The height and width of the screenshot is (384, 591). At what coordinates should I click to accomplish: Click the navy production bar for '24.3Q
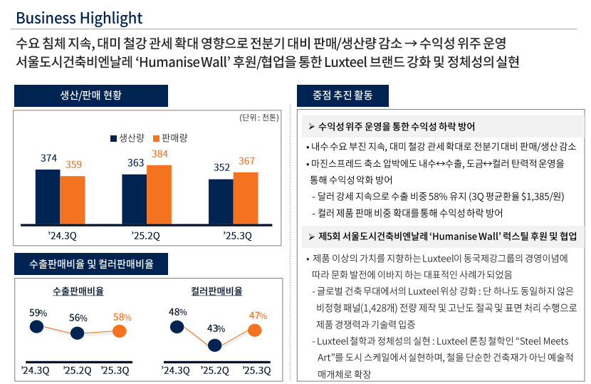click(48, 196)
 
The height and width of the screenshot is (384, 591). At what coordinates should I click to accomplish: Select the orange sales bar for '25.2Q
click(159, 194)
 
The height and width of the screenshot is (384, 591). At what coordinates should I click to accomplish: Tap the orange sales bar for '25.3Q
click(246, 197)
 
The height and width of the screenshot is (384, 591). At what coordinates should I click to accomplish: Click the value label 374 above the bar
click(48, 158)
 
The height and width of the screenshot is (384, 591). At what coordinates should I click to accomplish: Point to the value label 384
click(159, 154)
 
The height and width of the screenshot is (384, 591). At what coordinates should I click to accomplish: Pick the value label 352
click(221, 167)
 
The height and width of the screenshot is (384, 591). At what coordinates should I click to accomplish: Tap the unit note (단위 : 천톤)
click(259, 117)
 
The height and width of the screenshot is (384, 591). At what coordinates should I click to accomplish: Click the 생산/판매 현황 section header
click(91, 96)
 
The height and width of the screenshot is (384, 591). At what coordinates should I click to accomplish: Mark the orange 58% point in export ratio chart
click(120, 331)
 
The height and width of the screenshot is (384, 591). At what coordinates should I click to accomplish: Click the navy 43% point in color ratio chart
click(215, 346)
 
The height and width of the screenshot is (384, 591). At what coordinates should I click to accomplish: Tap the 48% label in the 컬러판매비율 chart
click(177, 312)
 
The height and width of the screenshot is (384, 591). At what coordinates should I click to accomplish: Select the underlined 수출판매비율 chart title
click(78, 291)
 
